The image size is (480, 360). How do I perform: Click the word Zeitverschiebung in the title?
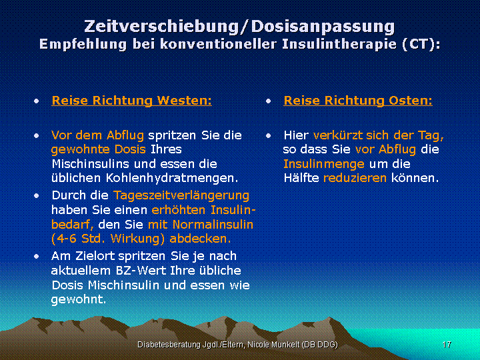[161, 27]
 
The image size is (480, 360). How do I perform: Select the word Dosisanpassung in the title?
[323, 27]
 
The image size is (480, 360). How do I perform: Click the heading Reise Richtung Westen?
[131, 101]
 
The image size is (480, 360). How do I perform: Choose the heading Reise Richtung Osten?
[358, 101]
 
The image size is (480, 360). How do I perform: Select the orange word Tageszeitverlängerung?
[181, 195]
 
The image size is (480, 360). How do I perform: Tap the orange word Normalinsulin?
[213, 225]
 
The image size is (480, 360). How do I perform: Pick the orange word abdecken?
[200, 239]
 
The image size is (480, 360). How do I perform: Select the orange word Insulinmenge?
[324, 164]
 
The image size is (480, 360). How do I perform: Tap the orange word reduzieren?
[355, 178]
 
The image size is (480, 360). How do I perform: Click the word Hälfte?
[301, 178]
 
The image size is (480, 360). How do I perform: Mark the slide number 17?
[447, 345]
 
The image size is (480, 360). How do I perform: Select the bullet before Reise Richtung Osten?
[269, 101]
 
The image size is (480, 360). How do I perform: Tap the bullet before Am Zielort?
[37, 256]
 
